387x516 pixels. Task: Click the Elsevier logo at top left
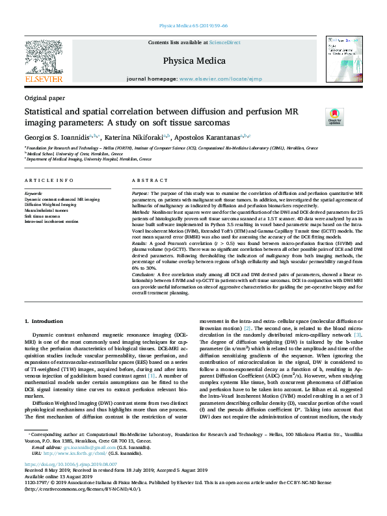tap(44, 62)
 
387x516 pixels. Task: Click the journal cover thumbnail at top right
tap(345, 58)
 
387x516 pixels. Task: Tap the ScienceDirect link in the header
tap(226, 43)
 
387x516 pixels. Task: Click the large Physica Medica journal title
tap(194, 60)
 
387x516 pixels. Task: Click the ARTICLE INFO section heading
tap(49, 180)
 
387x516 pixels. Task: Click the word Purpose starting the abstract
tap(140, 194)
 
